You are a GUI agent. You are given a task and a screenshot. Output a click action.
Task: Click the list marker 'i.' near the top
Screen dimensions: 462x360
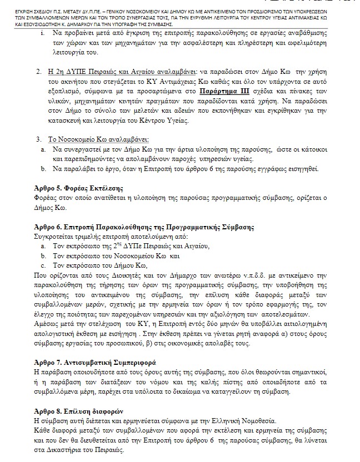pyautogui.click(x=43, y=34)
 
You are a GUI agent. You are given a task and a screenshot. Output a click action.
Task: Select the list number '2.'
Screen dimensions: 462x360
pyautogui.click(x=37, y=72)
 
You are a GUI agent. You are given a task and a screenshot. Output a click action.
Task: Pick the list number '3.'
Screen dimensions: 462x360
pyautogui.click(x=37, y=139)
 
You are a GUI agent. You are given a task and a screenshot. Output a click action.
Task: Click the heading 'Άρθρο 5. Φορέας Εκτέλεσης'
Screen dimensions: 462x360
pyautogui.click(x=79, y=187)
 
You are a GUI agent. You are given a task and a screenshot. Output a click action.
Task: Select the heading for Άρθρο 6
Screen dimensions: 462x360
pyautogui.click(x=144, y=228)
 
